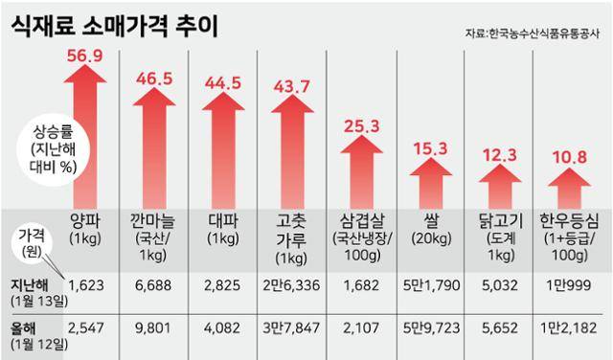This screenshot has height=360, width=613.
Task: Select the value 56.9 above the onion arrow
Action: click(82, 56)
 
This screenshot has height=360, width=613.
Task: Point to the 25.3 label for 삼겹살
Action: click(368, 124)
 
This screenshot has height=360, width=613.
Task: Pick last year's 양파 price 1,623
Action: click(83, 284)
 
